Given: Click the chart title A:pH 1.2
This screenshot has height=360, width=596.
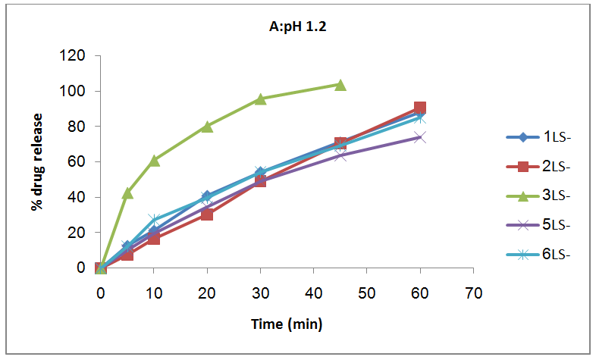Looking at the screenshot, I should pyautogui.click(x=291, y=28).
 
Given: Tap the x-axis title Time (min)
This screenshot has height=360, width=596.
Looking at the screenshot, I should pyautogui.click(x=287, y=324).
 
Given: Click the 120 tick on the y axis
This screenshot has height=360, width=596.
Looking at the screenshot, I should pyautogui.click(x=77, y=56).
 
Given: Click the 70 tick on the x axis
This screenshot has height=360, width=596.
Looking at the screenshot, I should pyautogui.click(x=473, y=292).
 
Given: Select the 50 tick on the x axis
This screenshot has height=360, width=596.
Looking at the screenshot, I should pyautogui.click(x=367, y=292).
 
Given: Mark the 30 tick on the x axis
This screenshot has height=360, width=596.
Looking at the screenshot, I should pyautogui.click(x=260, y=292).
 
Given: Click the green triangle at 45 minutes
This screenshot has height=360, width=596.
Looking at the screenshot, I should pyautogui.click(x=340, y=85).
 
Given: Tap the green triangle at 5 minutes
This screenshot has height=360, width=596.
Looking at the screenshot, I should pyautogui.click(x=127, y=193).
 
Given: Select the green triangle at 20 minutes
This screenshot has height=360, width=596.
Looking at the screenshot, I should pyautogui.click(x=207, y=127).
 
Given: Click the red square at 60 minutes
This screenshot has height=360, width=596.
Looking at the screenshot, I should pyautogui.click(x=420, y=108).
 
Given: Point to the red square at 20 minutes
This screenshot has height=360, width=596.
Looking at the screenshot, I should pyautogui.click(x=207, y=214).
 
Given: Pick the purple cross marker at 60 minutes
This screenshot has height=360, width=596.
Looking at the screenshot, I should pyautogui.click(x=420, y=137).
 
